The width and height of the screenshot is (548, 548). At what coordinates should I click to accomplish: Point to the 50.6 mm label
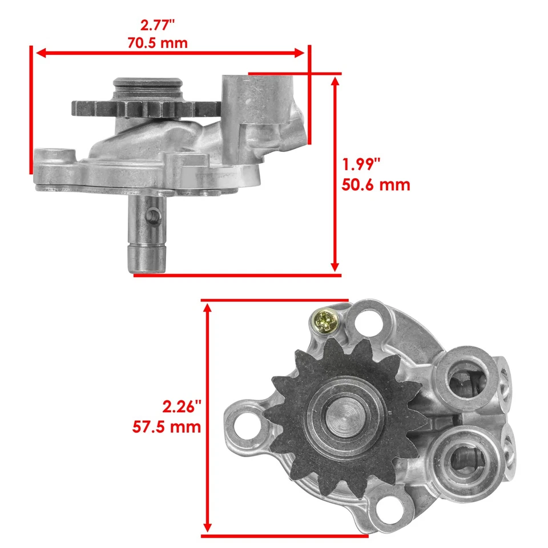[x=376, y=185]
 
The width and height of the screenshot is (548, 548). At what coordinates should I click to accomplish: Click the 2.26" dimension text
[x=182, y=407]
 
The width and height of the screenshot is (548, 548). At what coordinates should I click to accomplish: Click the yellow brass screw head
[x=327, y=320]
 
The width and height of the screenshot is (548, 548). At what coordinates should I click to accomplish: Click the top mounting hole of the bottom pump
[x=370, y=322]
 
